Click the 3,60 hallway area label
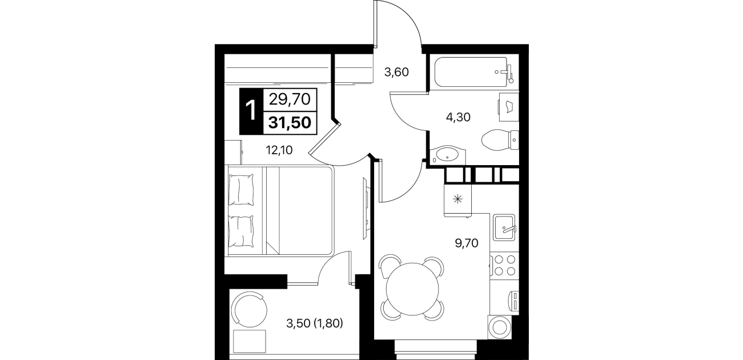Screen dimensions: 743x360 point(396,72)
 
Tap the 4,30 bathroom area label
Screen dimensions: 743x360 point(458,117)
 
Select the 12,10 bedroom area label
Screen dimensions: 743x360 point(279,150)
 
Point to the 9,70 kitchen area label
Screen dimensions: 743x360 point(467,243)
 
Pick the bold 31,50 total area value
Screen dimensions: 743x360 point(290,122)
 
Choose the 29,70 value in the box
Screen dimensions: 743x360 point(290,99)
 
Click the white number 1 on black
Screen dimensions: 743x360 point(251,111)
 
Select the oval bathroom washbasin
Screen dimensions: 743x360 point(447,155)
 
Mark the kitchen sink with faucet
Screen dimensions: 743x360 point(504,227)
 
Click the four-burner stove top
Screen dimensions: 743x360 point(504,265)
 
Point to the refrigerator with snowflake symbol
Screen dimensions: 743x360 point(458,200)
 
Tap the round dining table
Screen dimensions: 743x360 point(412,289)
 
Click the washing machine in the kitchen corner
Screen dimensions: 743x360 point(499,327)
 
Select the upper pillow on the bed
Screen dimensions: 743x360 point(242,189)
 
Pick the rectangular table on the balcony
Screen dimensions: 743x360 point(250,342)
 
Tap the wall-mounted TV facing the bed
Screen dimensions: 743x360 point(366,208)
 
